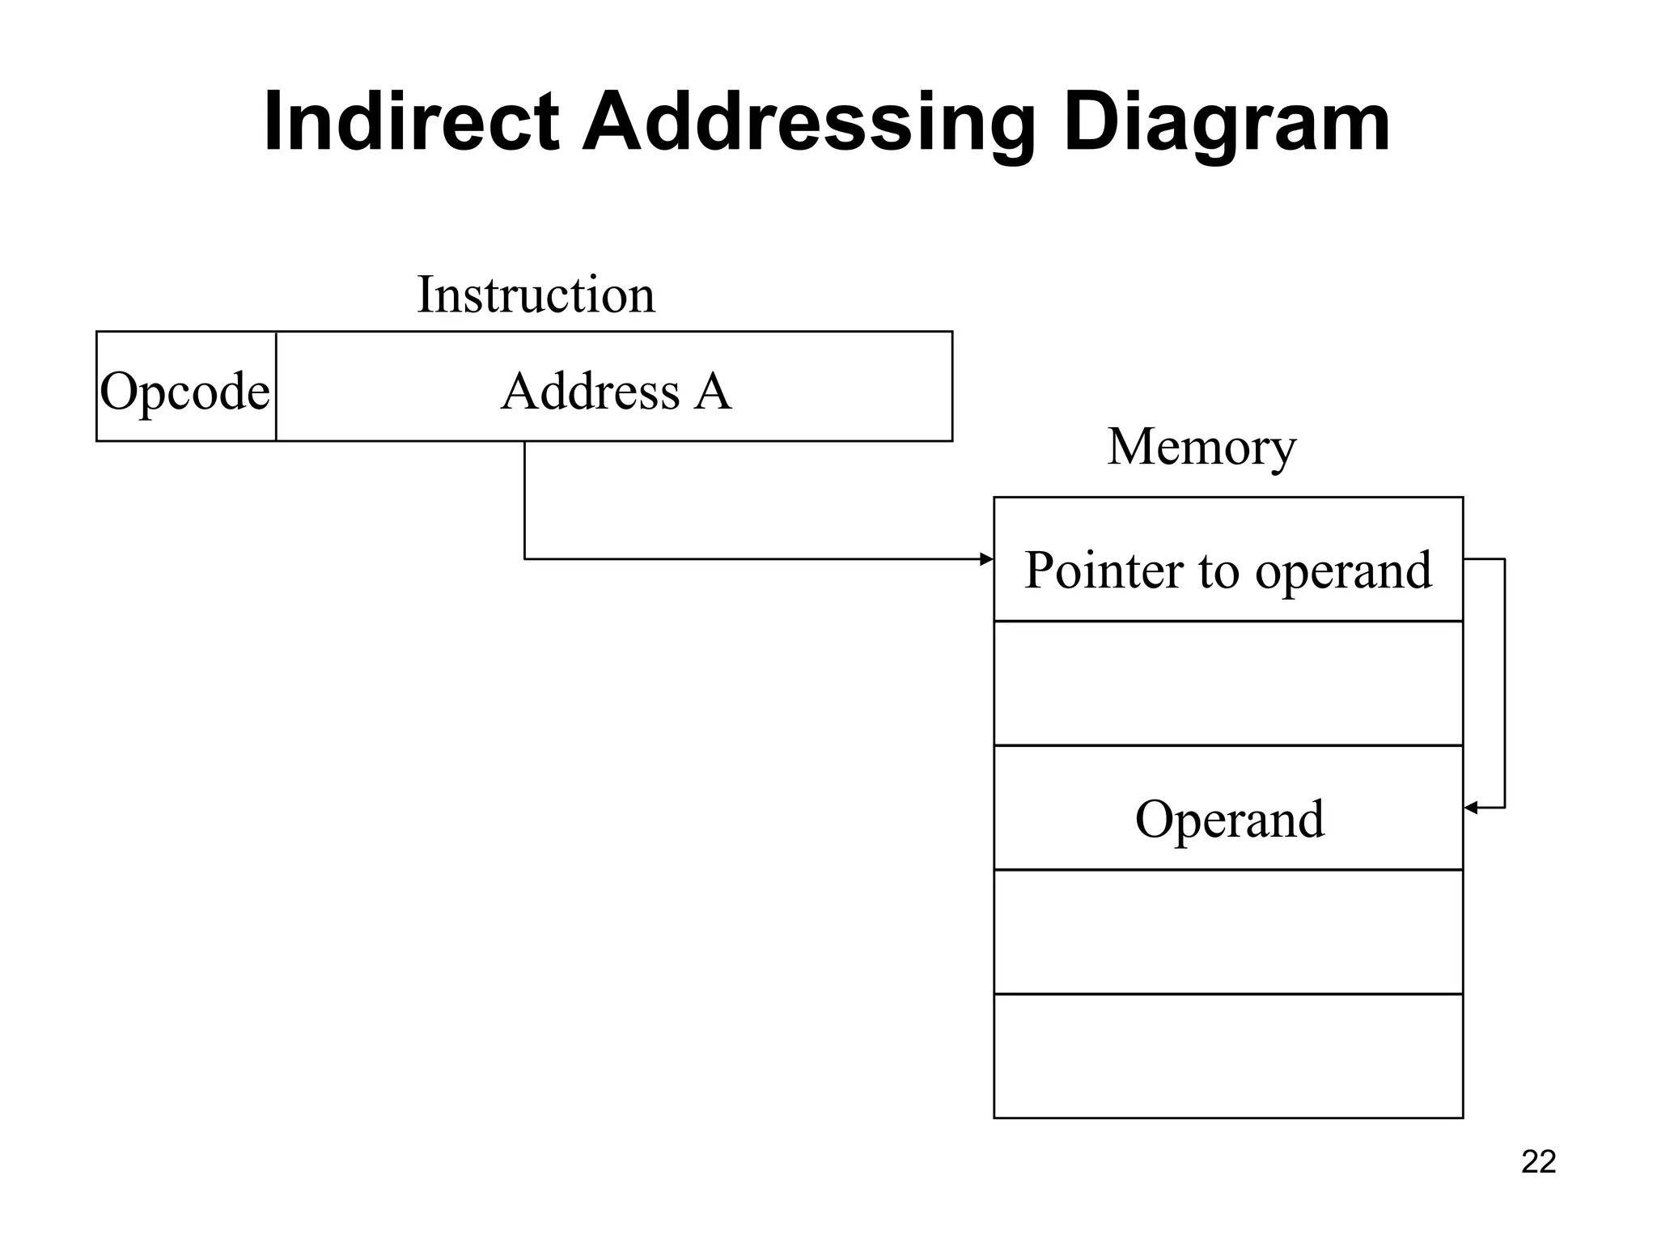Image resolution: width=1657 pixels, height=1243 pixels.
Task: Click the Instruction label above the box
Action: (x=536, y=295)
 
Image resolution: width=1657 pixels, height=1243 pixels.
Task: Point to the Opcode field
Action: (x=185, y=391)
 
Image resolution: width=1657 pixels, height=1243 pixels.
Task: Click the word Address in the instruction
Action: (x=590, y=391)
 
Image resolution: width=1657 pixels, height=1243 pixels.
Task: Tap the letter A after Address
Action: (x=713, y=391)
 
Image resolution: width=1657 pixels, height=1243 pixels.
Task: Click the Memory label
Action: (x=1201, y=447)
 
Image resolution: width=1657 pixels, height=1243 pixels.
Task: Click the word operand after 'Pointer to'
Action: (x=1343, y=571)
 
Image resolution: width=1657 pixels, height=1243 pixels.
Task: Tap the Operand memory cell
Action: (x=1229, y=818)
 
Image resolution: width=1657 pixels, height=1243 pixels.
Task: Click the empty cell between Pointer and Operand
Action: (x=1228, y=683)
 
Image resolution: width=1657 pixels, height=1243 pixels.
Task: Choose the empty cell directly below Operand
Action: (x=1228, y=931)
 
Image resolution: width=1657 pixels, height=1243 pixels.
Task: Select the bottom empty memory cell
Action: (x=1228, y=1056)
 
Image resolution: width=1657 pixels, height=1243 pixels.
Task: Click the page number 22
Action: (x=1538, y=1162)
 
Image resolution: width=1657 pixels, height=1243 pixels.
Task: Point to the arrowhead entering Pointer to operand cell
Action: (x=986, y=559)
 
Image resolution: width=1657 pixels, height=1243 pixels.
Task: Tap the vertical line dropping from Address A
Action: (x=524, y=500)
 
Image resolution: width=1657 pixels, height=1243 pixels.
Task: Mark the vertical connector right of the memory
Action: (x=1504, y=683)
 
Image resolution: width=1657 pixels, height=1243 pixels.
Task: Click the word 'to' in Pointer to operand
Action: (x=1218, y=571)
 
